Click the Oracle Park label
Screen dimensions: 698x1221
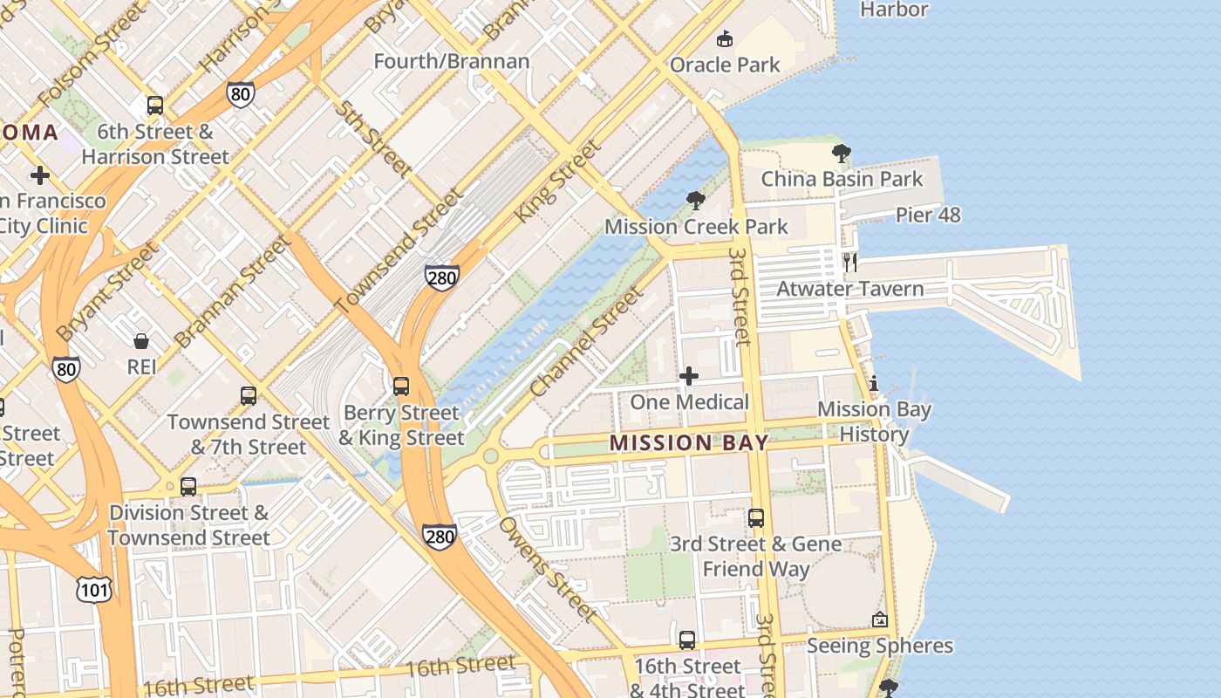coord(725,65)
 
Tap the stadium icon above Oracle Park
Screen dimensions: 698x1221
coord(725,38)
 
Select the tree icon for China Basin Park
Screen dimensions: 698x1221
coord(842,154)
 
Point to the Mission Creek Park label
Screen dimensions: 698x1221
coord(696,227)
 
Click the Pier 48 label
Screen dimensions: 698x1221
coord(928,215)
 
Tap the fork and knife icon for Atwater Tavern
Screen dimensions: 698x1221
coord(850,263)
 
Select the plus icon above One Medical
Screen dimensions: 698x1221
coord(689,376)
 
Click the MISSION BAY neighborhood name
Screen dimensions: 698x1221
coord(689,443)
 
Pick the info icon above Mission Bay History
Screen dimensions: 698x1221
coord(874,383)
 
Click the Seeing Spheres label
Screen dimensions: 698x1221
coord(879,647)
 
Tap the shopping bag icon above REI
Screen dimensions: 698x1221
coord(141,340)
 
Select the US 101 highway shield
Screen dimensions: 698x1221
coord(93,590)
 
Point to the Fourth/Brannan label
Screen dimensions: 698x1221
coord(452,61)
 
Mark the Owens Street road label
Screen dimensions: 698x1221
coord(548,568)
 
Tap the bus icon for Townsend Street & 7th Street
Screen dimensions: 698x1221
coord(249,395)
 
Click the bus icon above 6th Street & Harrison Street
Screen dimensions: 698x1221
coord(155,106)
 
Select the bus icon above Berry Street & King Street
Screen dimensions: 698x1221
coord(401,386)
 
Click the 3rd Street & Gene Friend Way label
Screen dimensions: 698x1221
coord(755,557)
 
